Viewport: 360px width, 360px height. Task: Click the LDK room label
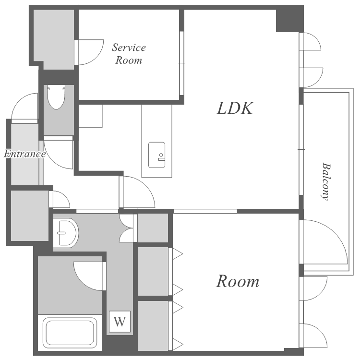pyautogui.click(x=235, y=108)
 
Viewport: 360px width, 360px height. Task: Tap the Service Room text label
pyautogui.click(x=129, y=54)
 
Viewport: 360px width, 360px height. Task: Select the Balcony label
pyautogui.click(x=326, y=181)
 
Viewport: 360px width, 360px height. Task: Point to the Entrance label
pyautogui.click(x=25, y=154)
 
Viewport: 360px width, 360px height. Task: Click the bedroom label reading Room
pyautogui.click(x=238, y=281)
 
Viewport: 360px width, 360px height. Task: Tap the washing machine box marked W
pyautogui.click(x=120, y=322)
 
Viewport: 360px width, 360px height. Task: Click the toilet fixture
pyautogui.click(x=56, y=97)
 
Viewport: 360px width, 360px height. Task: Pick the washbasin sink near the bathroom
pyautogui.click(x=66, y=233)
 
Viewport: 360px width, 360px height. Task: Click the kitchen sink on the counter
pyautogui.click(x=156, y=155)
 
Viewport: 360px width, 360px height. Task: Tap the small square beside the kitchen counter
pyautogui.click(x=90, y=116)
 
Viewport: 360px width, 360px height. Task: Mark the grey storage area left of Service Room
pyautogui.click(x=54, y=39)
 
